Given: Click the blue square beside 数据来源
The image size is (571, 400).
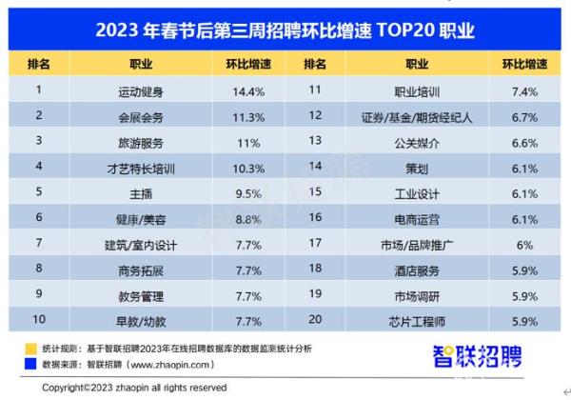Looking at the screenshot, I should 30,365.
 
